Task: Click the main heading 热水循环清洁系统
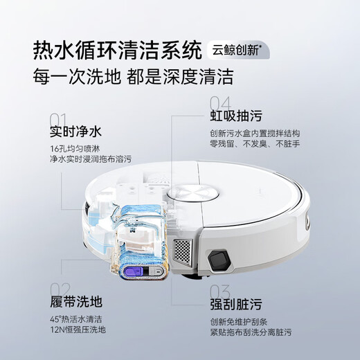[x=116, y=51]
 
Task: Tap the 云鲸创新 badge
[x=240, y=51]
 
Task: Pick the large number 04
[x=220, y=102]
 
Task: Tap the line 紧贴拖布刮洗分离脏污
[x=261, y=332]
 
